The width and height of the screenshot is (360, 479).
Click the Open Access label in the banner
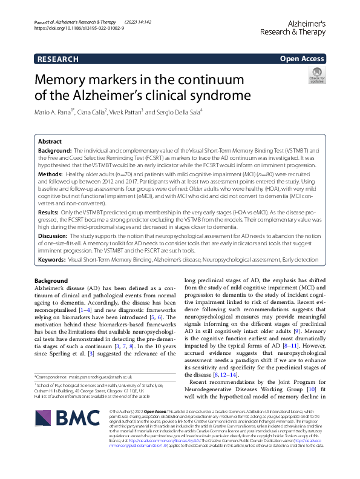click(302, 59)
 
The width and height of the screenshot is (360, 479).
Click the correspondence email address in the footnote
click(113, 377)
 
